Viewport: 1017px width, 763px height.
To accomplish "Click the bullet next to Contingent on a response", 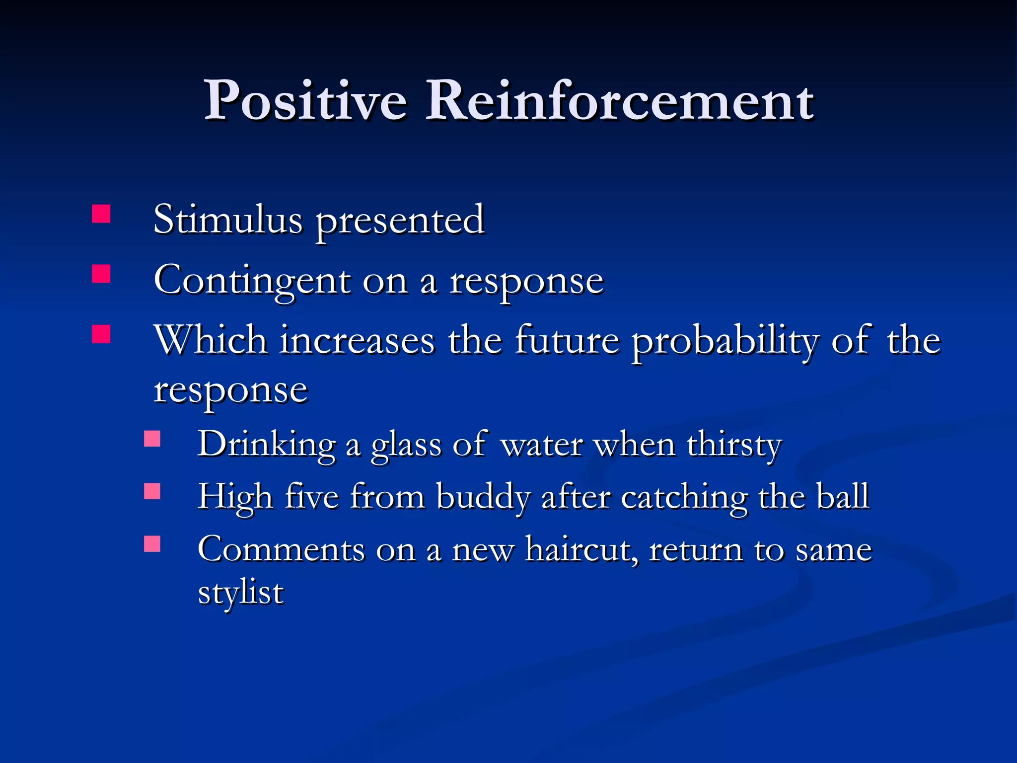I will [x=101, y=274].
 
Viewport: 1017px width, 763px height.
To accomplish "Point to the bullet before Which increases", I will [x=101, y=334].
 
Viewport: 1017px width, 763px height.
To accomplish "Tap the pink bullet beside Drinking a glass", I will [x=152, y=439].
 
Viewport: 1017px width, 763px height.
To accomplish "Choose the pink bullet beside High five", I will [x=152, y=491].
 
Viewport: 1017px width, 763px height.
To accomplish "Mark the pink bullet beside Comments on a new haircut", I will [x=152, y=543].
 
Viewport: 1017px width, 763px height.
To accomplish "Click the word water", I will [x=542, y=445].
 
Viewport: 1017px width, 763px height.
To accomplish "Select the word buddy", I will [x=483, y=497].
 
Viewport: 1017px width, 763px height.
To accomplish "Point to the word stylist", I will [x=241, y=593].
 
